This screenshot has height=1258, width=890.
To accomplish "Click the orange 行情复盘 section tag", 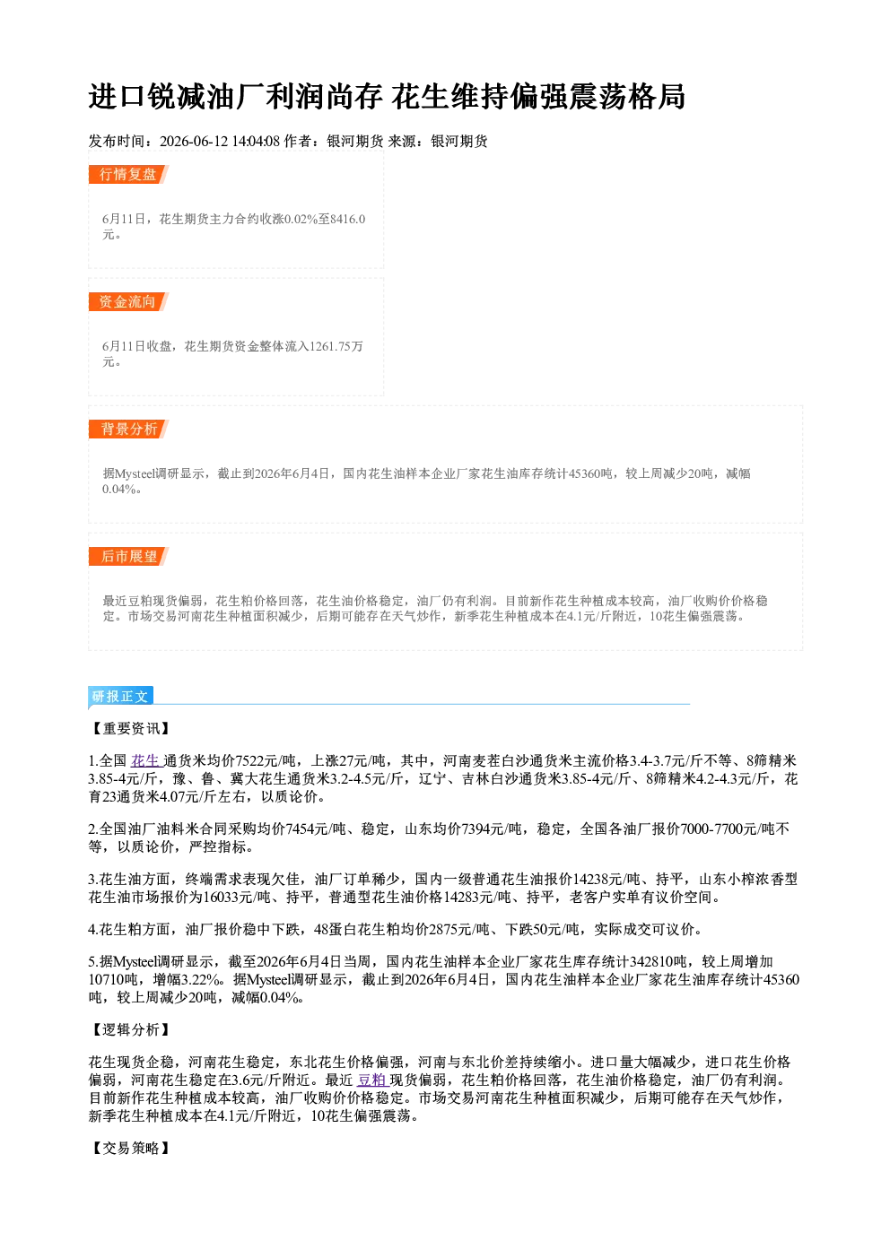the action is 128,174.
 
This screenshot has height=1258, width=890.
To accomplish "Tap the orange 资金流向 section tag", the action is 128,301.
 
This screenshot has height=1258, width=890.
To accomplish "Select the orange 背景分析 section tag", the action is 128,429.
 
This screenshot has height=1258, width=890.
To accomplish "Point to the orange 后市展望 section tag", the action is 128,557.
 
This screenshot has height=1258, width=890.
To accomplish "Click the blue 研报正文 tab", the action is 120,697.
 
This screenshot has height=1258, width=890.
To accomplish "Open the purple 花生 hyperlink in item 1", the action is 145,761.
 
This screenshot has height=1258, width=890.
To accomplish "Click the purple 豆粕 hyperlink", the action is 372,1080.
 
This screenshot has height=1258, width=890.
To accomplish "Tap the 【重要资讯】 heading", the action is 130,729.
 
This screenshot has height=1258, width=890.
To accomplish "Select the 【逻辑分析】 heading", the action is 130,1030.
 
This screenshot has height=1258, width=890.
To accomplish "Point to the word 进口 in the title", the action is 118,97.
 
